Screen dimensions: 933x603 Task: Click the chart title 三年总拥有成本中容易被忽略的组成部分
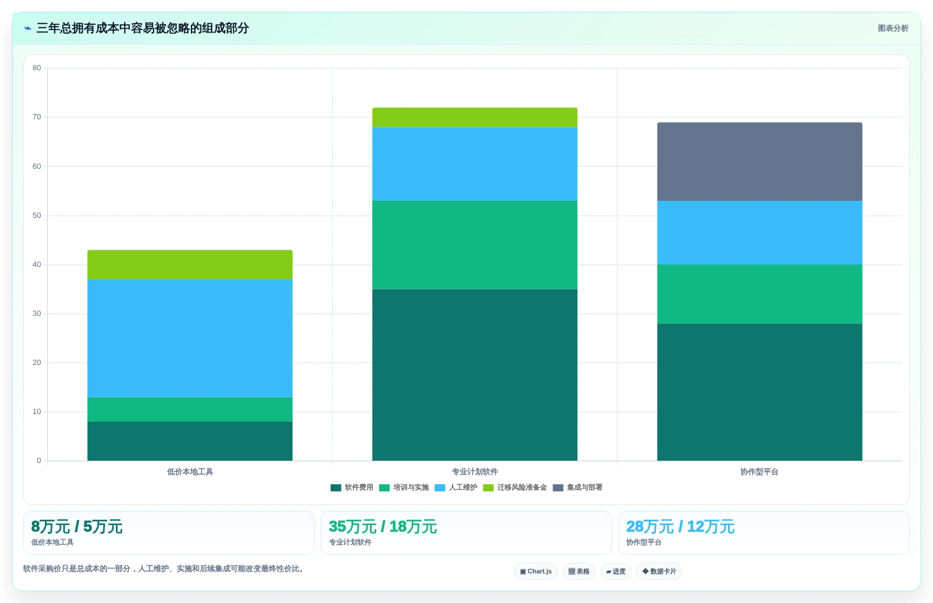tap(142, 28)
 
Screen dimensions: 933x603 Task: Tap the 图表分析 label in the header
tap(893, 28)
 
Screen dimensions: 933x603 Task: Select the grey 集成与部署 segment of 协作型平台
tap(759, 162)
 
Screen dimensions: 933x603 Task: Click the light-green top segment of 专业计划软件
tap(475, 118)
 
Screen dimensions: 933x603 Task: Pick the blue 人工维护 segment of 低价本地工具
tap(190, 338)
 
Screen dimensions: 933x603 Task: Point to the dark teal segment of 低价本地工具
tap(190, 441)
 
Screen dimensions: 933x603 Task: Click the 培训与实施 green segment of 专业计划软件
tap(475, 245)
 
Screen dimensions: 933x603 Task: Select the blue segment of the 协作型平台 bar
tap(759, 233)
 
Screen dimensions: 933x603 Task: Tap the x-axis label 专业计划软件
tap(475, 472)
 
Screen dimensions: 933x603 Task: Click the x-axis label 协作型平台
tap(759, 472)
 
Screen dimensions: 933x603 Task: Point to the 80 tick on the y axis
tap(37, 68)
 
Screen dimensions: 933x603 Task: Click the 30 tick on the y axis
tap(37, 314)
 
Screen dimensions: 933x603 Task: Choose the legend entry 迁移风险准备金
tap(515, 488)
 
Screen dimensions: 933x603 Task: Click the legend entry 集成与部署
tap(577, 488)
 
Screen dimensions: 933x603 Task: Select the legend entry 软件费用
tap(352, 488)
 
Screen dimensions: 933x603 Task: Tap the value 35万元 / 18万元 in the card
tap(382, 527)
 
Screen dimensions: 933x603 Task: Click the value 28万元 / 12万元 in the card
tap(680, 527)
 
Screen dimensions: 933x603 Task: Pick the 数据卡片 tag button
tap(659, 571)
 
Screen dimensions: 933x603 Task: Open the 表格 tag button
tap(579, 571)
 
